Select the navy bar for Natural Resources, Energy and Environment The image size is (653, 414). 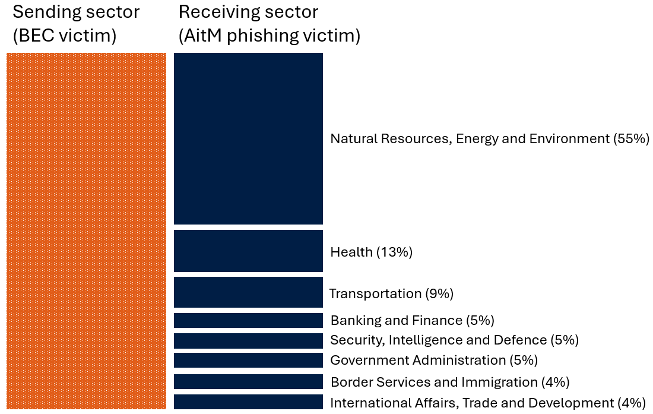[248, 138]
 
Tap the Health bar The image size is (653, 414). [248, 251]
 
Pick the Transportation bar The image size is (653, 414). [248, 292]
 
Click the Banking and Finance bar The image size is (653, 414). [248, 321]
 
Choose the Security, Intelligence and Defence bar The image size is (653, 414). [248, 341]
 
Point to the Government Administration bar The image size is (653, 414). [248, 361]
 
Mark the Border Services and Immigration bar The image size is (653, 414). [248, 382]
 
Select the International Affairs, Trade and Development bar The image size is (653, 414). [248, 402]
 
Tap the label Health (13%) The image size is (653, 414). [371, 252]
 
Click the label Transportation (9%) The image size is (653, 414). [391, 293]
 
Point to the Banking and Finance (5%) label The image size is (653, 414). [412, 321]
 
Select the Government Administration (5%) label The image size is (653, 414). [433, 360]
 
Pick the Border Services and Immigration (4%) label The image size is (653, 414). [449, 382]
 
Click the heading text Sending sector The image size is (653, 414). [76, 12]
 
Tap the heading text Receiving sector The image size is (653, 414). [248, 12]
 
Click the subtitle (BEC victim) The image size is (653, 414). [64, 36]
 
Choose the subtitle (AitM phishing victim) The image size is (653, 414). [270, 36]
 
